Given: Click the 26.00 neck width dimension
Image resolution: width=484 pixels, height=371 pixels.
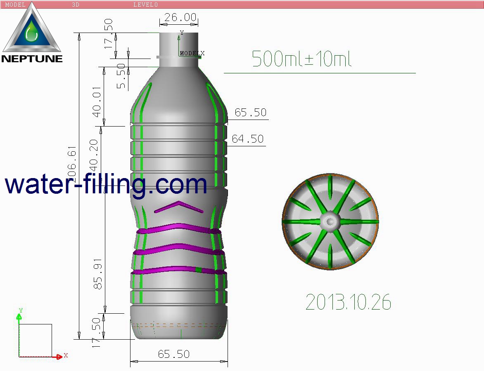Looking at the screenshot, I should (x=180, y=17).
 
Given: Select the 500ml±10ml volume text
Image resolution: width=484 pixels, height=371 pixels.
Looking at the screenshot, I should (x=301, y=59).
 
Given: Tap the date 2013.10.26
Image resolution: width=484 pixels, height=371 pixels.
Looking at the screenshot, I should (x=348, y=303).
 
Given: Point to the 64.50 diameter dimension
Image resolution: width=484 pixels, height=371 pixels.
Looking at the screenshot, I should (x=247, y=139).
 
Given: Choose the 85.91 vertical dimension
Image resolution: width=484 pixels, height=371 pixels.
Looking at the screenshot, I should (x=98, y=274).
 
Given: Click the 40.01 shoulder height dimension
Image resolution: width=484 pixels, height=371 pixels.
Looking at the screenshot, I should (x=97, y=101).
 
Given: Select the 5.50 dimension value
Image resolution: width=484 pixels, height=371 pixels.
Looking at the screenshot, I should (x=121, y=76).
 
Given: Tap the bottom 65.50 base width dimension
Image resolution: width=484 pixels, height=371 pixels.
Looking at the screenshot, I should (x=173, y=354).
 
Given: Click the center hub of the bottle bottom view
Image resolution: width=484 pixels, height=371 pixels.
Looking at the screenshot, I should (x=330, y=221).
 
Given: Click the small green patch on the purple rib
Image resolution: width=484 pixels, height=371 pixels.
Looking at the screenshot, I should (x=199, y=270).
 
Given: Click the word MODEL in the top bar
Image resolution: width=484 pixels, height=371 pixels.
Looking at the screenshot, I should (x=15, y=5).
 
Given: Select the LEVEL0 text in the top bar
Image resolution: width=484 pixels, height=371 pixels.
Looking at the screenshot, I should (x=145, y=5).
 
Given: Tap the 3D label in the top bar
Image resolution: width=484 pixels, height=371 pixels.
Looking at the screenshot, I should (x=76, y=5).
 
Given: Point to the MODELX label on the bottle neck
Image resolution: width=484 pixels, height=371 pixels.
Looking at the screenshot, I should (x=192, y=53).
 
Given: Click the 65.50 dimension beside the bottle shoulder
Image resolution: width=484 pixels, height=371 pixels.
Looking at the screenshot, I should (x=250, y=113).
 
